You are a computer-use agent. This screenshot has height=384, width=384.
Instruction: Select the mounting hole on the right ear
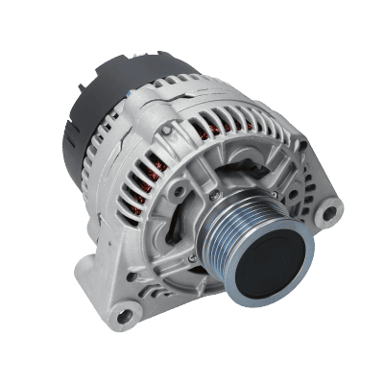(x=330, y=208)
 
